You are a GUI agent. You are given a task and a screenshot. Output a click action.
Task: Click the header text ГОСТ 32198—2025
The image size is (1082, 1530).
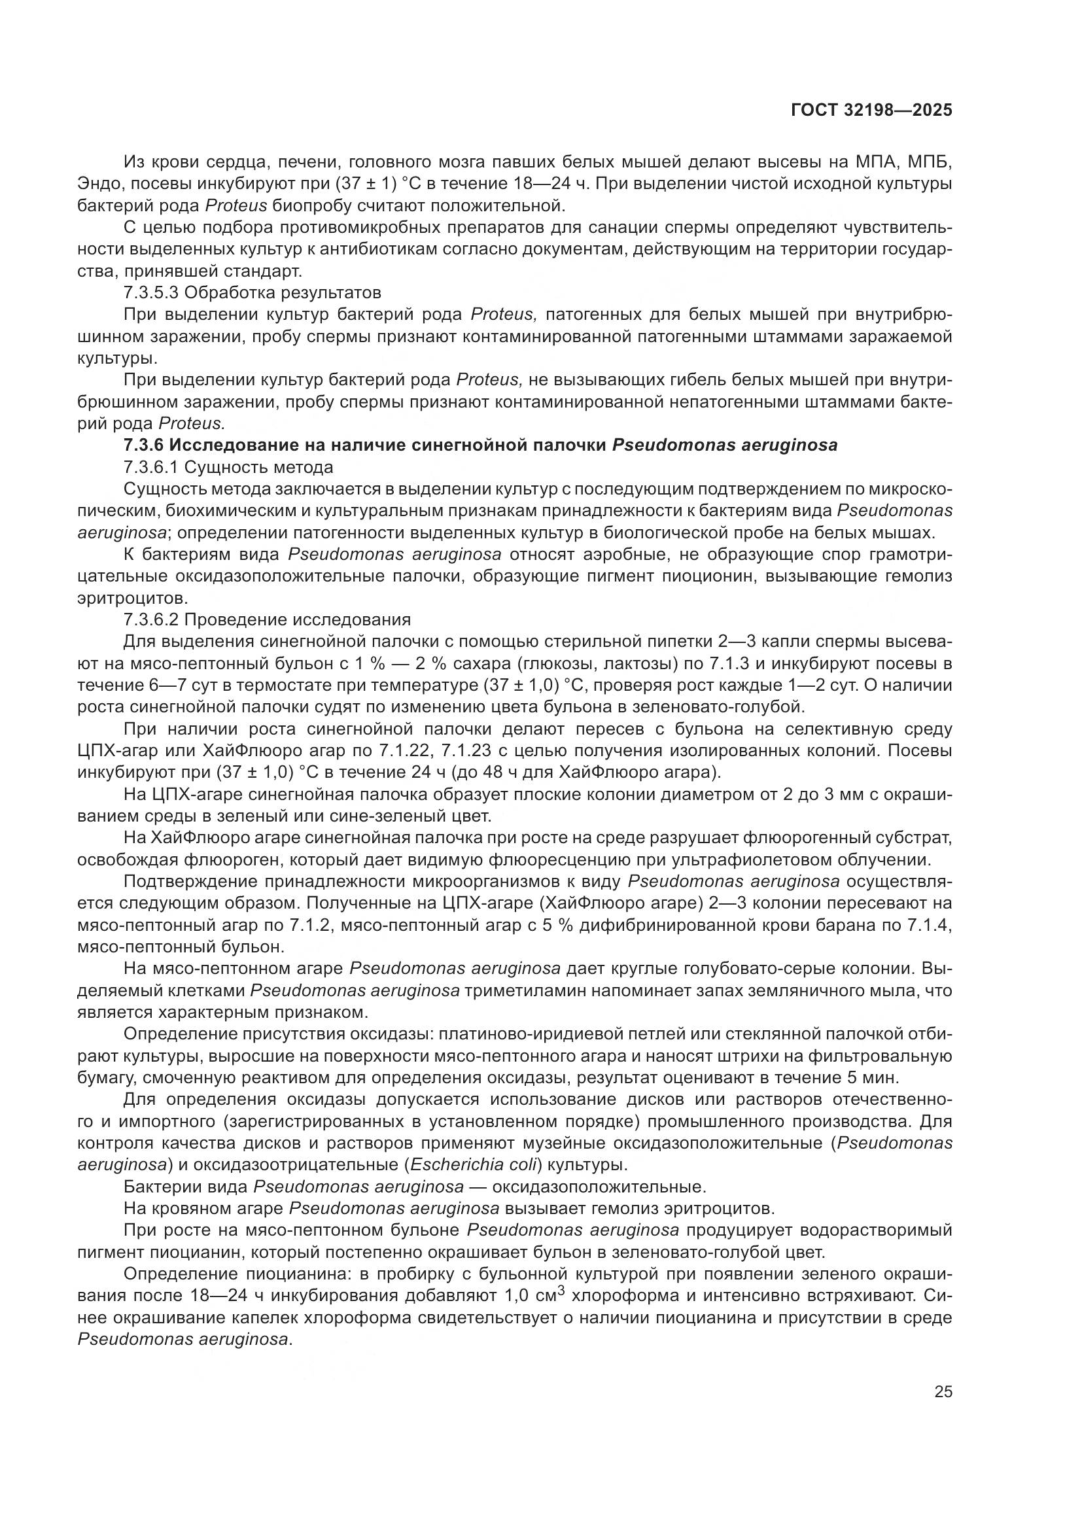click(x=871, y=111)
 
